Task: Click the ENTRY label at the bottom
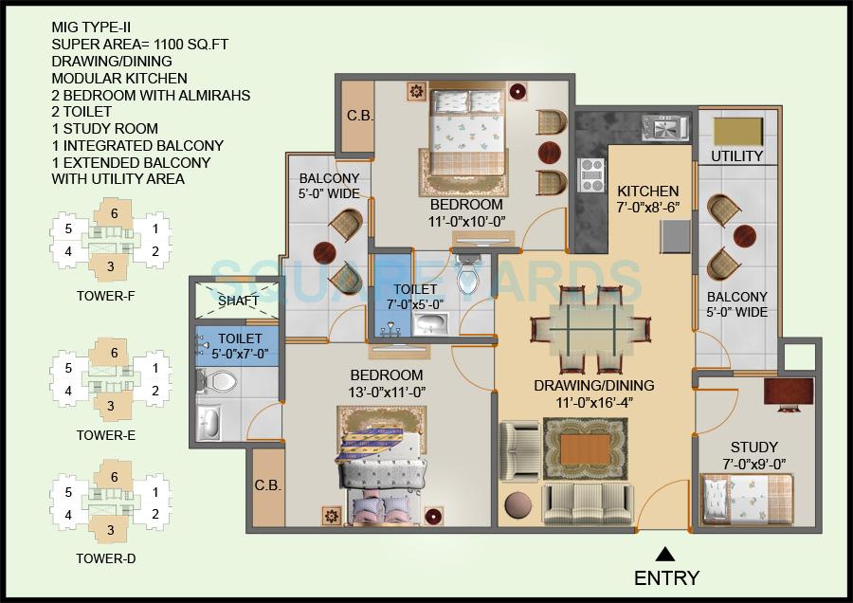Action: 666,577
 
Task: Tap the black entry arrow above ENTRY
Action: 666,555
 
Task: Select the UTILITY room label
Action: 736,156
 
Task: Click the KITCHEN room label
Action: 648,191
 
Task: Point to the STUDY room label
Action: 753,447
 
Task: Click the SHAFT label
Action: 238,301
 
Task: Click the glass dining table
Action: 592,328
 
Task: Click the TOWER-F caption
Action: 105,296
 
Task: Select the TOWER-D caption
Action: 105,558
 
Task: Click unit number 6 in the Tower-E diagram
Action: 114,353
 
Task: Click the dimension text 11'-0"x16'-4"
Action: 593,403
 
